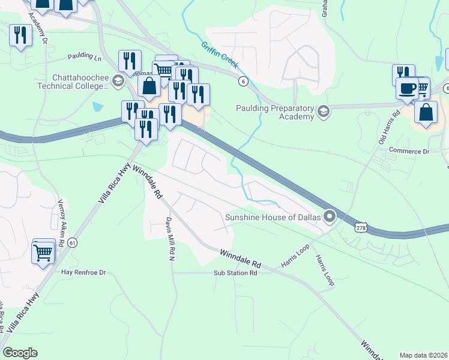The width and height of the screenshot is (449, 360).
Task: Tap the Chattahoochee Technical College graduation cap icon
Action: (x=118, y=80)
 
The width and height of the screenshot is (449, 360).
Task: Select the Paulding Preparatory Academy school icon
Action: (x=324, y=111)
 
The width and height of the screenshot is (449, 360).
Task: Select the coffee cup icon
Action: (x=407, y=88)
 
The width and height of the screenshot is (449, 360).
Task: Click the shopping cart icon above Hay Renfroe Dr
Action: (x=43, y=252)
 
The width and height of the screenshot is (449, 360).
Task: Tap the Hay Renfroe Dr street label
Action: (x=83, y=272)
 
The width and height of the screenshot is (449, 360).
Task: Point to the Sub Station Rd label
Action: (x=235, y=273)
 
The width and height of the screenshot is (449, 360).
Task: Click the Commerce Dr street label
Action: (x=409, y=151)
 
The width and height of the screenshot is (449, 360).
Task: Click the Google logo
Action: (x=20, y=353)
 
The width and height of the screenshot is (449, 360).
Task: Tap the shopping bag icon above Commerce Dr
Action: (x=426, y=114)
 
